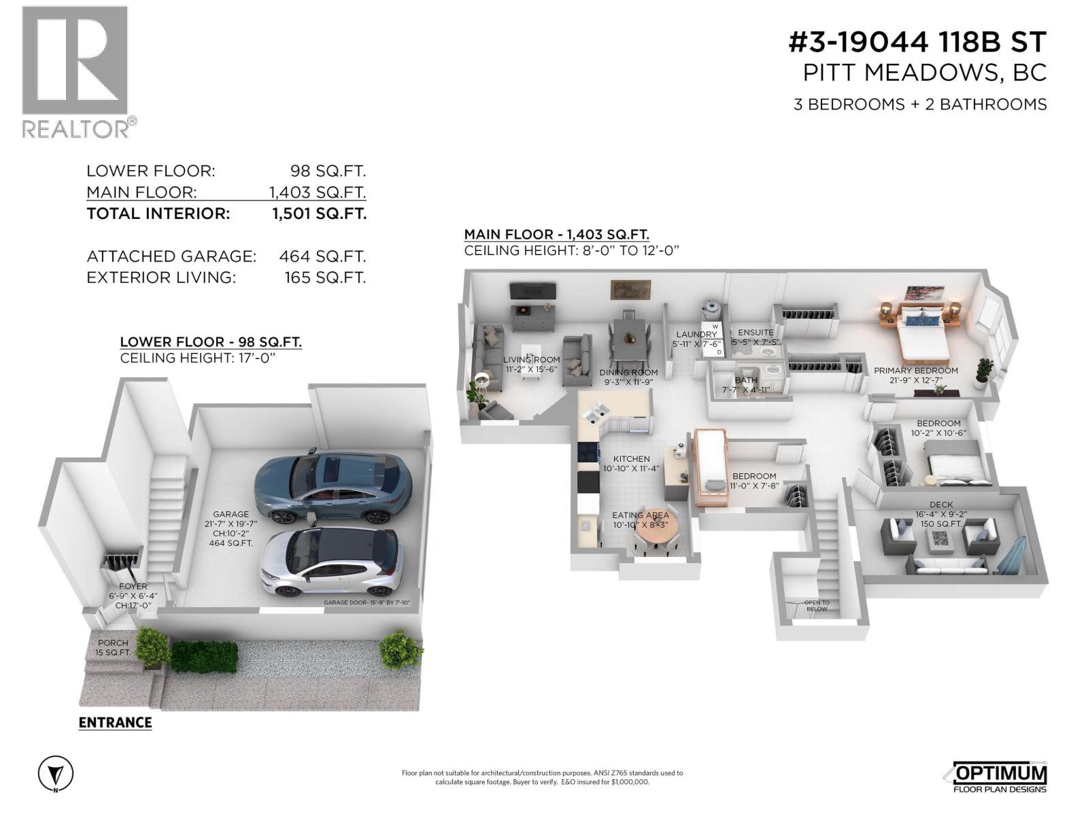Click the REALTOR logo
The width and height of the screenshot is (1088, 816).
[x=75, y=71]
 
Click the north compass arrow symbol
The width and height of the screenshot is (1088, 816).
[x=56, y=774]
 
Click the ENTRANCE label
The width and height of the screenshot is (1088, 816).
[x=115, y=722]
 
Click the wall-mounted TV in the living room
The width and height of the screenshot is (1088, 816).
[x=533, y=291]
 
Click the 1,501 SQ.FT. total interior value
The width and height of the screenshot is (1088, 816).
[x=319, y=214]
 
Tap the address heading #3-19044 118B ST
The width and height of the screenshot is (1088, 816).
[x=917, y=42]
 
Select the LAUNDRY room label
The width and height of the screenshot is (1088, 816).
[x=696, y=335]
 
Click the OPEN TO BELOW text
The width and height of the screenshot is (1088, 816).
[x=816, y=605]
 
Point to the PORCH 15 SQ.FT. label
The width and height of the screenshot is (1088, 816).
[x=113, y=647]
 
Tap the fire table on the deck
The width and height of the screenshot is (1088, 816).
[x=942, y=539]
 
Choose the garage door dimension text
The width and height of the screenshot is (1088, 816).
[x=367, y=602]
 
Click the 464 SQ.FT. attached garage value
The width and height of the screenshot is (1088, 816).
[x=322, y=256]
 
